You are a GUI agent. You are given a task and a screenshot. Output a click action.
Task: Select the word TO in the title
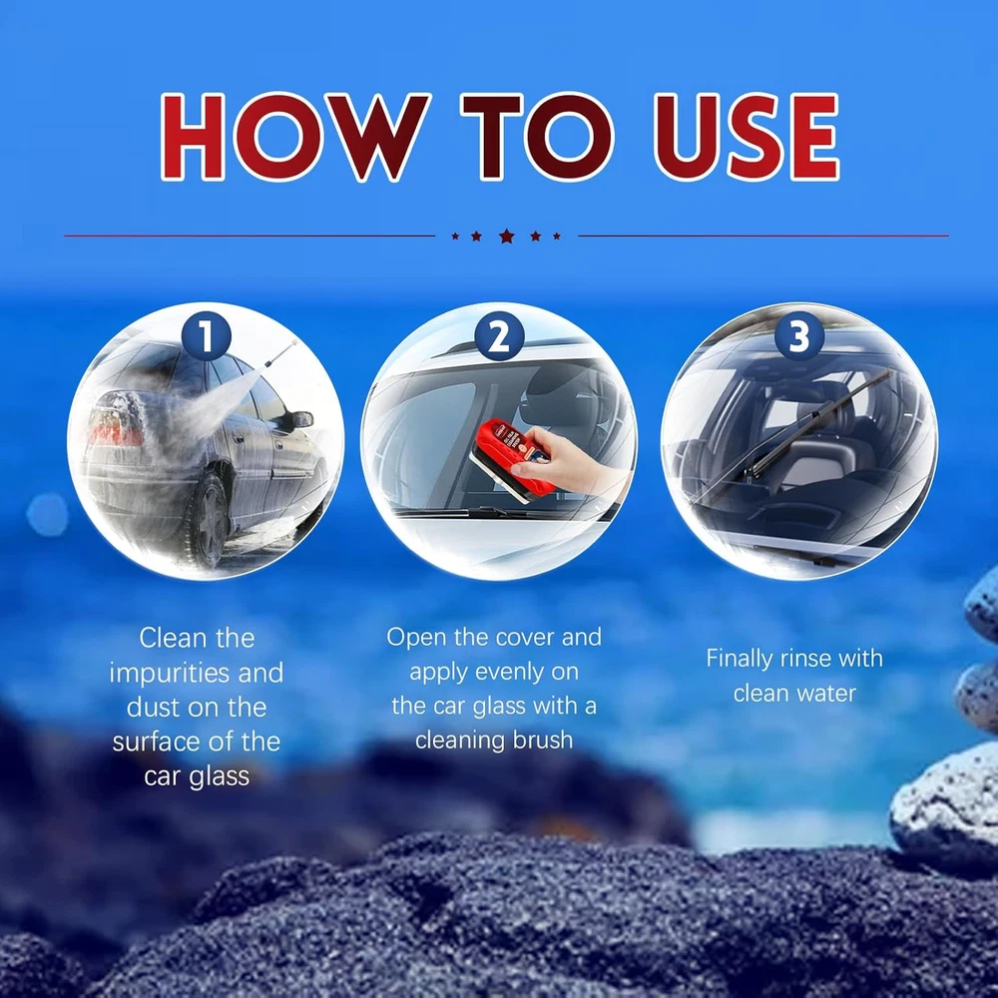(x=537, y=136)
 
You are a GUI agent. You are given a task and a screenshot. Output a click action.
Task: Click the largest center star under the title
(x=507, y=237)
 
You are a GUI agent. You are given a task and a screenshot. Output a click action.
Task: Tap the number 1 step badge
(x=207, y=336)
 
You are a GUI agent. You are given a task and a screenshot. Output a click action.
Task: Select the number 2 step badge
(x=499, y=336)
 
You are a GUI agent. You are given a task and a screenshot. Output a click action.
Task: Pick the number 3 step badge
(x=799, y=336)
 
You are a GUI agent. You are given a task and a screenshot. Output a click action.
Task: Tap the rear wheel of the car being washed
(x=209, y=519)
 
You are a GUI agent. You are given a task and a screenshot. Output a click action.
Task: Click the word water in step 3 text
(x=825, y=694)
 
